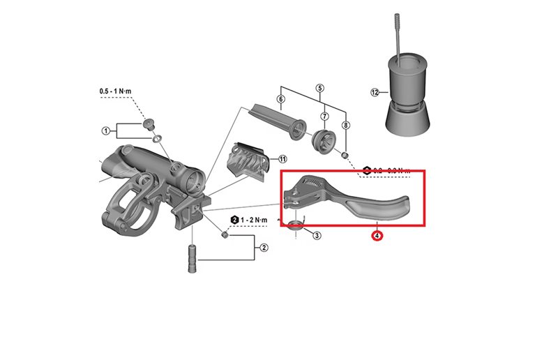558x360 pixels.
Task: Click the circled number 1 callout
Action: point(106,130)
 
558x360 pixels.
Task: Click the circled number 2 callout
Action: point(264,247)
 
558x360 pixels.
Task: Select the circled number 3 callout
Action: point(317,236)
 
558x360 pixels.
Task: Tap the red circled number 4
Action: point(377,236)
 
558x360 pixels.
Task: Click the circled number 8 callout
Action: point(346,125)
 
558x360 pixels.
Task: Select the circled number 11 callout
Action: point(282,159)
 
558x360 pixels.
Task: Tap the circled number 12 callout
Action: point(375,92)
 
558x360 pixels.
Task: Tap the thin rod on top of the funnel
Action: point(398,35)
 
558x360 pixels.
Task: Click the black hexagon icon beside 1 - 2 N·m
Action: point(234,219)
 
